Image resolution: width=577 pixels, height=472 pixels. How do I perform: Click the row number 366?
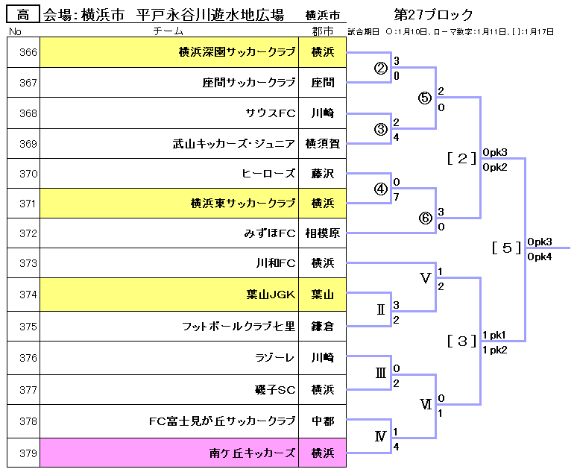coord(28,52)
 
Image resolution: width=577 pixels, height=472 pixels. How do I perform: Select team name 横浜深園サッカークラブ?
coord(236,52)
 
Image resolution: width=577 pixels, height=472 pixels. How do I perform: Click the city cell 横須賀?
coord(323,144)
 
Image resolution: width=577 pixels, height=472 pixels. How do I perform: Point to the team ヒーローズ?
coord(268,173)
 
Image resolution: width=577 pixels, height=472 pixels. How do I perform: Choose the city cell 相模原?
coord(323,233)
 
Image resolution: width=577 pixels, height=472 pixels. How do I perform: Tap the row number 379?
coord(28,453)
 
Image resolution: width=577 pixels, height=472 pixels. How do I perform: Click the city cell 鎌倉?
coord(323,326)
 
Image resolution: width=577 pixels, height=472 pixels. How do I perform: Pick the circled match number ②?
coord(380,69)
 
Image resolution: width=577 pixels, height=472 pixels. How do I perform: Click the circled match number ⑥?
coord(425,218)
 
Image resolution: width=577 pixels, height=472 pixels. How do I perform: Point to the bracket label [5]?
coord(507,248)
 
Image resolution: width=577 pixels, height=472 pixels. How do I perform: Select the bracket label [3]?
coord(461,341)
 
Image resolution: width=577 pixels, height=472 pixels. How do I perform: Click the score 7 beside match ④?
coord(396,196)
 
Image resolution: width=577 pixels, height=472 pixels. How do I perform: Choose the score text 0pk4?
coord(539,257)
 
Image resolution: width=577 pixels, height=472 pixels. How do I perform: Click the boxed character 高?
coord(23,14)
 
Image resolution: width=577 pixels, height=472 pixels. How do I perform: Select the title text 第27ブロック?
coord(434,15)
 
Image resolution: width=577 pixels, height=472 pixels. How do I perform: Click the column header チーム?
coord(168,31)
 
